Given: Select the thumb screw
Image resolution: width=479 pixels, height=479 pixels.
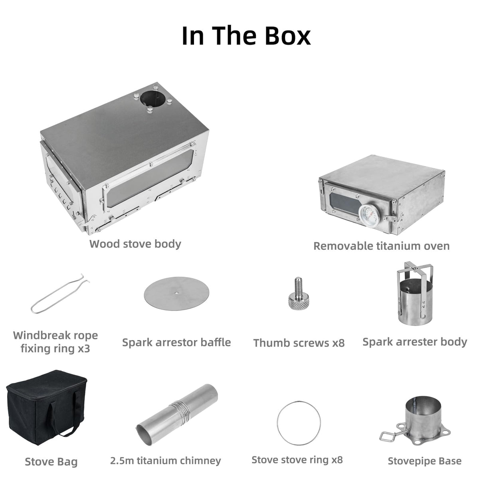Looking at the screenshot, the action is tap(299, 293).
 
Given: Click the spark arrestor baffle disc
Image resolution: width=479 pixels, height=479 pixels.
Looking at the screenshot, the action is tap(176, 293).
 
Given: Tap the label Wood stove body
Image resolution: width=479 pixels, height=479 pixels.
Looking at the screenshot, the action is tap(135, 244).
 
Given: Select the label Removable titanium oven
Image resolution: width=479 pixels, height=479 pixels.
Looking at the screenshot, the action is tap(382, 246).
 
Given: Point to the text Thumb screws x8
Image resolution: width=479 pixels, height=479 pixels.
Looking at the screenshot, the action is tap(299, 343).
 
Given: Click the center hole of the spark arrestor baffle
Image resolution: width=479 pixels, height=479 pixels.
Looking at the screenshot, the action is tap(176, 292).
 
